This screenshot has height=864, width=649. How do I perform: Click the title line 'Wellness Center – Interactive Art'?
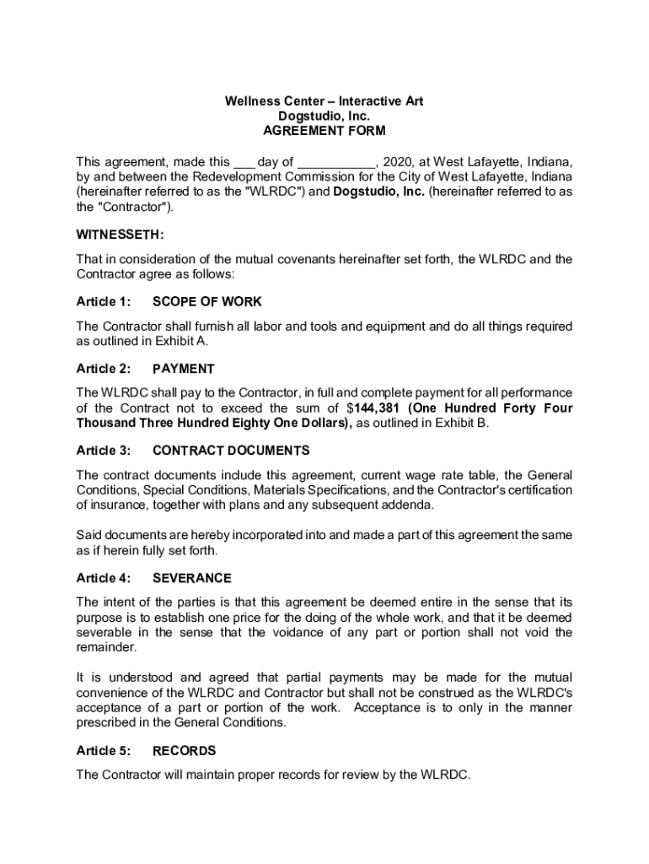pos(324,101)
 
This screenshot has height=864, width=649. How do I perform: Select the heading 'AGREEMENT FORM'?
pos(324,131)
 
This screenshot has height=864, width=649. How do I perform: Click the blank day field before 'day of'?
pos(244,162)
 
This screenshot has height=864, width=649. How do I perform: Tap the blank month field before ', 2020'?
pos(335,162)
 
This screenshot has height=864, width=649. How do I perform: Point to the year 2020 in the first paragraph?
pos(397,162)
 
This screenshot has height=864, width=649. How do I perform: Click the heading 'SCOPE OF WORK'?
pos(207,301)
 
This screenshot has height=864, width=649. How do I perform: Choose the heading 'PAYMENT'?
pos(184,369)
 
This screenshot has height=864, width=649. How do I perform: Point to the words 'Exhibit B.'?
pos(460,424)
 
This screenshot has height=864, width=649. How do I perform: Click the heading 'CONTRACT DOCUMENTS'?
pos(231,450)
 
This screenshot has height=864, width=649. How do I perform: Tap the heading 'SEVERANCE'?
pos(192,578)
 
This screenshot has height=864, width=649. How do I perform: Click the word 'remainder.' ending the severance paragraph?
pos(105,648)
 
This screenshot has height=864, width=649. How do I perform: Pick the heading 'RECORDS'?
pos(184,750)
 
